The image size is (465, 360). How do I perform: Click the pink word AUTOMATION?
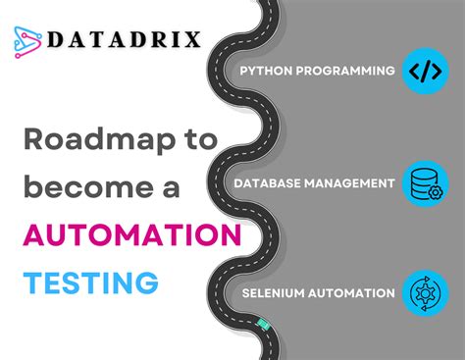click(x=132, y=236)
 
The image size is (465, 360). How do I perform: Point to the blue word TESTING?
click(x=91, y=283)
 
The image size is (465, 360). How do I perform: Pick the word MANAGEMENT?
click(x=354, y=182)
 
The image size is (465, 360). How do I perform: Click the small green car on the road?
click(x=262, y=322)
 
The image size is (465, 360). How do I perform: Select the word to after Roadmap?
click(x=198, y=140)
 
